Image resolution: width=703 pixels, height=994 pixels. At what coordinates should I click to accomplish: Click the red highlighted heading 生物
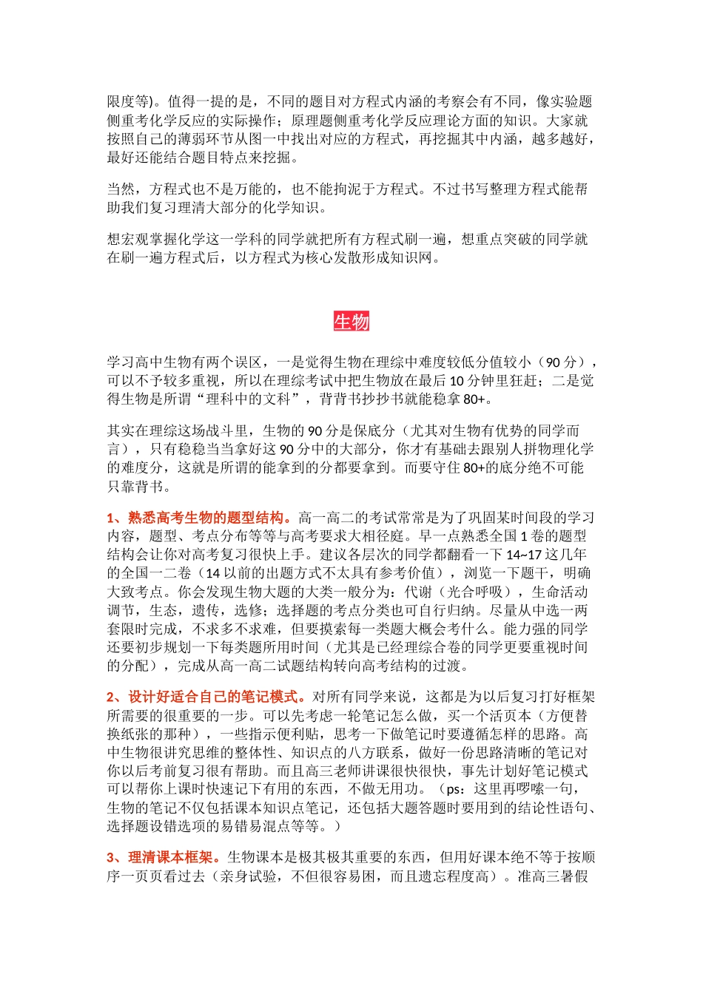351,322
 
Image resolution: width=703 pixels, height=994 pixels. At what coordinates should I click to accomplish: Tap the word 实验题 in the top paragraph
571,102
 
